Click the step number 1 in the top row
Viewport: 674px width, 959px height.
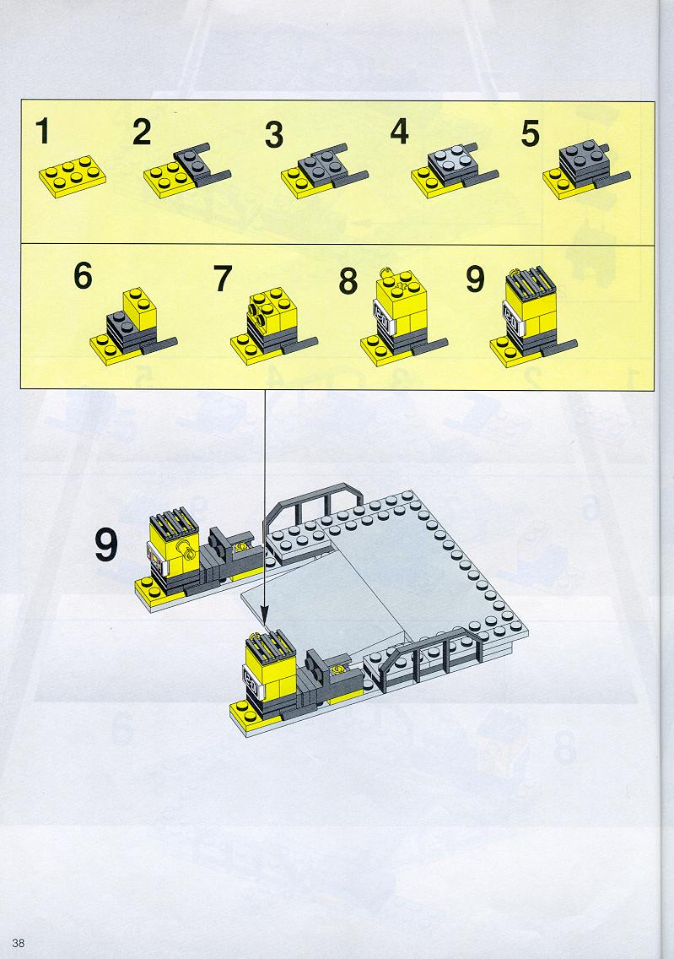coord(42,132)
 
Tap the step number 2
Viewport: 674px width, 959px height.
coord(142,132)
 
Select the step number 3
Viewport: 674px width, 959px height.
coord(274,135)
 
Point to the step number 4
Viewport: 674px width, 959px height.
coord(400,132)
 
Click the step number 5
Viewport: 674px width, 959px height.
coord(531,134)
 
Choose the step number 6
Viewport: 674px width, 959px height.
coord(84,275)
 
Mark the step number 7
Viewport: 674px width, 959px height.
coord(223,279)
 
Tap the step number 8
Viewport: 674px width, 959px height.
coord(348,281)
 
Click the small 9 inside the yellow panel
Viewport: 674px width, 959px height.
coord(476,279)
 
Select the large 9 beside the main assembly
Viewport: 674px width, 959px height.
coord(106,545)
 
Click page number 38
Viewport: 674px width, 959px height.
coord(19,942)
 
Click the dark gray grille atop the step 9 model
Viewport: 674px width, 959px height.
coord(531,282)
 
